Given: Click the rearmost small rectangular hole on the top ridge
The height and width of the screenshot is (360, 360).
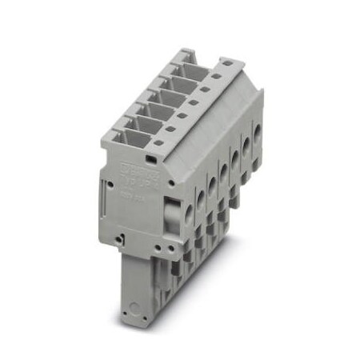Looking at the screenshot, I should click(227, 61).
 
